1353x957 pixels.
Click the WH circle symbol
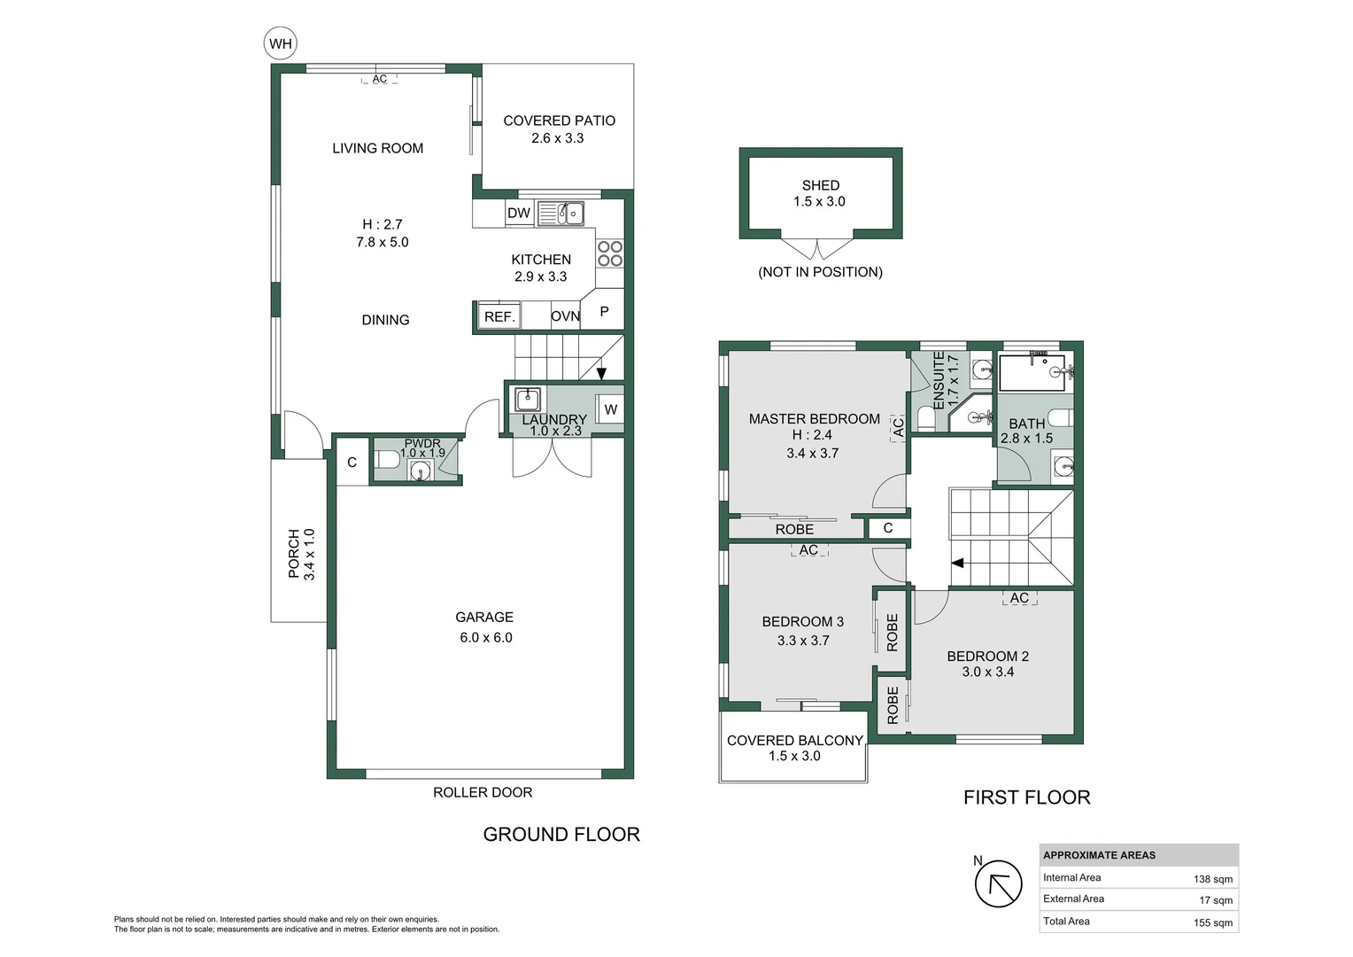pyautogui.click(x=281, y=43)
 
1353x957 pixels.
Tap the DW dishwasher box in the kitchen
pyautogui.click(x=519, y=213)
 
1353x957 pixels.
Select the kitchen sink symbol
pyautogui.click(x=561, y=214)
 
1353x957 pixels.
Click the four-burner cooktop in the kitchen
pyautogui.click(x=609, y=253)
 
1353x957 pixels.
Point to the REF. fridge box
pyautogui.click(x=499, y=316)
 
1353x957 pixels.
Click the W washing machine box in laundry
pyautogui.click(x=610, y=409)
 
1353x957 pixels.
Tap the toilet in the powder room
pyautogui.click(x=388, y=460)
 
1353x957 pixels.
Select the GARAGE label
pyautogui.click(x=484, y=617)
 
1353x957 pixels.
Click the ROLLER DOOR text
pyautogui.click(x=483, y=792)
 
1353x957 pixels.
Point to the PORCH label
pyautogui.click(x=294, y=554)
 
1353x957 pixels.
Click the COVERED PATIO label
pyautogui.click(x=559, y=121)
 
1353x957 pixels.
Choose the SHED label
pyautogui.click(x=820, y=185)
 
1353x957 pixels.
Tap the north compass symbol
pyautogui.click(x=998, y=884)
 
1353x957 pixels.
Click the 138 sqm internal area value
pyautogui.click(x=1212, y=879)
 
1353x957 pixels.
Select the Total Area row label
pyautogui.click(x=1066, y=922)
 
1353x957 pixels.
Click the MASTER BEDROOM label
pyautogui.click(x=814, y=418)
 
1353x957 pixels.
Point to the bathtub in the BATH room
pyautogui.click(x=1032, y=372)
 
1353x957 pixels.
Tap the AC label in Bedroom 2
pyautogui.click(x=1019, y=598)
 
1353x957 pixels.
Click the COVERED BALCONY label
pyautogui.click(x=794, y=740)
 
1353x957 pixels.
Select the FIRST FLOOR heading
pyautogui.click(x=1026, y=797)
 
